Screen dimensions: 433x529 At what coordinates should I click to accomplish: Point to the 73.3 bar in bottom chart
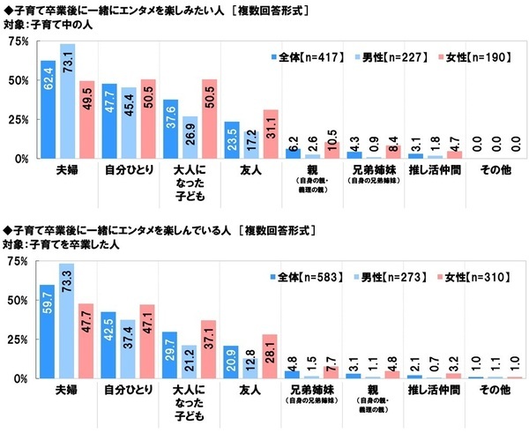coord(67,320)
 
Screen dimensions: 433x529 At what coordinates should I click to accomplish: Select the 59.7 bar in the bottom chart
coord(48,331)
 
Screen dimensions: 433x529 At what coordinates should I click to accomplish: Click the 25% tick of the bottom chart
coord(17,339)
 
